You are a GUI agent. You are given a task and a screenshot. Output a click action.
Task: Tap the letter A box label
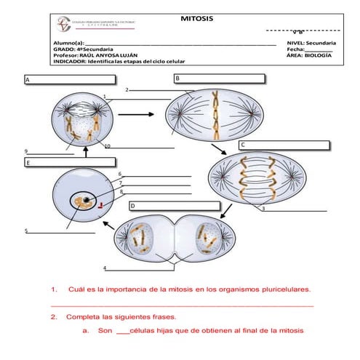[x=28, y=79]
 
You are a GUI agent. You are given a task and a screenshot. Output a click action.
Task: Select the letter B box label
[x=177, y=78]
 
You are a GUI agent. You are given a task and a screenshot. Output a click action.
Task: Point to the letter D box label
[x=132, y=207]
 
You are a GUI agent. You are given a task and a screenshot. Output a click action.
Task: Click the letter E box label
[x=28, y=164]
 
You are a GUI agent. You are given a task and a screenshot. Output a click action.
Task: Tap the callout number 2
[x=127, y=90]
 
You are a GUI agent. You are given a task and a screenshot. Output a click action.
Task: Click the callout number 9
[x=25, y=151]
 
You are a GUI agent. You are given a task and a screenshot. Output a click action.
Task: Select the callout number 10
[x=107, y=146]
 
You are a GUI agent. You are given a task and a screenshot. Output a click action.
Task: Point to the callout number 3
[x=263, y=209]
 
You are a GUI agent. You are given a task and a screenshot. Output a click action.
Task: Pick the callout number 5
[x=25, y=231]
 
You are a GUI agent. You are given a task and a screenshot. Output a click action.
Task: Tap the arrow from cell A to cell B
[x=140, y=114]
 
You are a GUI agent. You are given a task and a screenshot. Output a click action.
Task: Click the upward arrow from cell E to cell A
[x=85, y=151]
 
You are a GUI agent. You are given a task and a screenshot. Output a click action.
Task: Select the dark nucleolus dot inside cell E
[x=87, y=201]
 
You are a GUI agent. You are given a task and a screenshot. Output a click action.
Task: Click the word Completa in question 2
[x=84, y=318]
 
